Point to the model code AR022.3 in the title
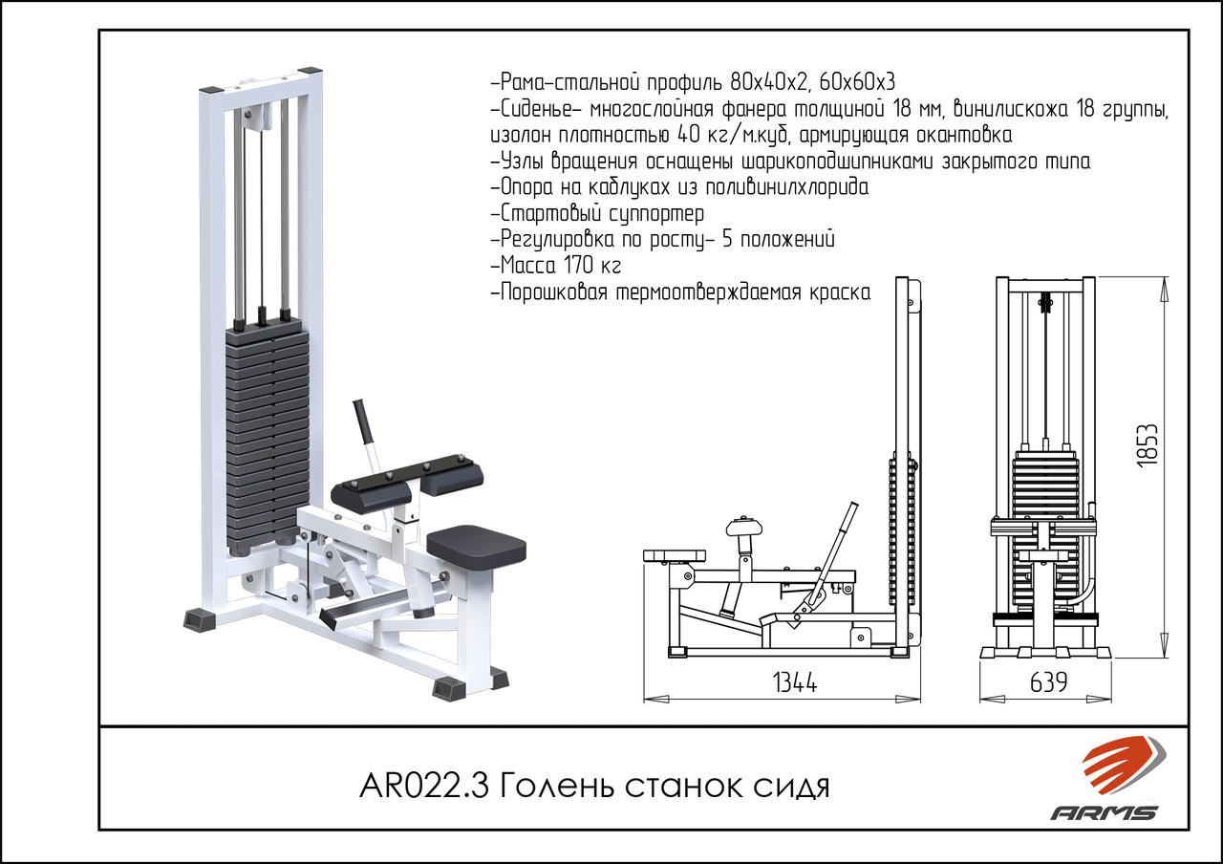coord(424,787)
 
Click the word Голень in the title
coord(557,787)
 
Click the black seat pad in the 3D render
coord(476,545)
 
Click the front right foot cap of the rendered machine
coord(448,688)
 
